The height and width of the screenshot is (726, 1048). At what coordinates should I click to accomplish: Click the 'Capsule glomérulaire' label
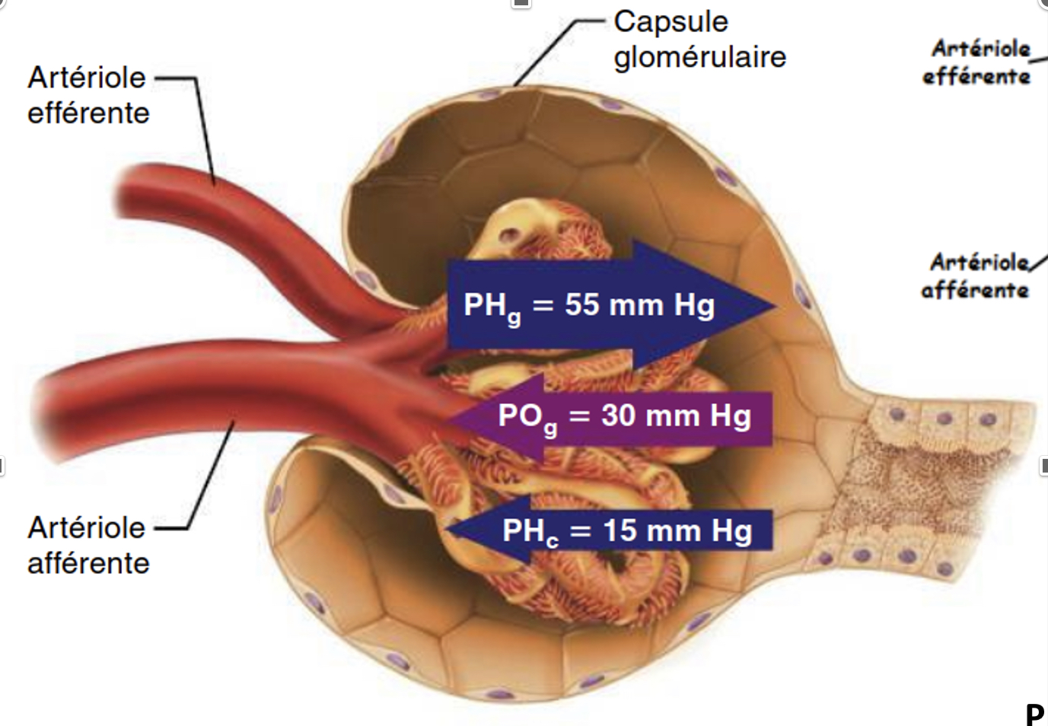[x=699, y=40]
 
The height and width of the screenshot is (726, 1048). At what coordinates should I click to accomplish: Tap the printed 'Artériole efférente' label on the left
[x=88, y=95]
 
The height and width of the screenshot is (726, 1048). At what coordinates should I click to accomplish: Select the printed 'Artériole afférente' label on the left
[x=88, y=545]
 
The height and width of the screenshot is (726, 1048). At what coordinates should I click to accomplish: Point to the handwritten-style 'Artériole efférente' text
[x=977, y=62]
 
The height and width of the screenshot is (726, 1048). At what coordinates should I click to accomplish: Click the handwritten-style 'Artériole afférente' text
[x=976, y=276]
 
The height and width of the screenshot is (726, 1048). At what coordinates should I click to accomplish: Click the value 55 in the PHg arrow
[x=581, y=304]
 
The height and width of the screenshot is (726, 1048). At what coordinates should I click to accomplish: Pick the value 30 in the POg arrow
[x=617, y=416]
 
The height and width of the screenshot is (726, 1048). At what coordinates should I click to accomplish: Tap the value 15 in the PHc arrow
[x=619, y=530]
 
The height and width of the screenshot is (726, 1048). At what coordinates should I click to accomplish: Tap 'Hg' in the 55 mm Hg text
[x=694, y=304]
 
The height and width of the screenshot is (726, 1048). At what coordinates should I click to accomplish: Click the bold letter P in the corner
[x=1034, y=714]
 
